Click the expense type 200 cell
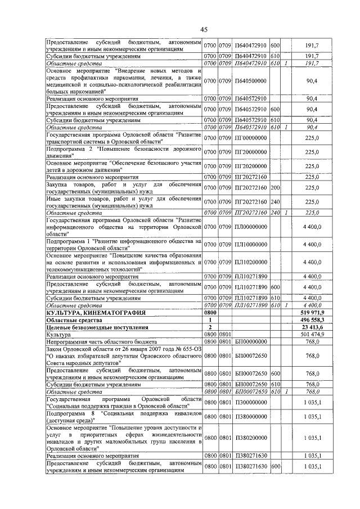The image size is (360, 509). pos(275,187)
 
